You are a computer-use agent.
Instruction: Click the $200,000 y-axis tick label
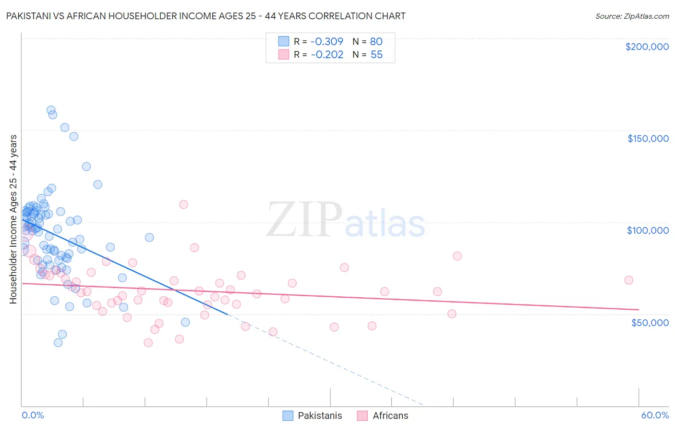(x=647, y=47)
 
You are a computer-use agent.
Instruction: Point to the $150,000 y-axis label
(x=648, y=139)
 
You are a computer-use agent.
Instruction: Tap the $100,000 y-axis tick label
(x=648, y=230)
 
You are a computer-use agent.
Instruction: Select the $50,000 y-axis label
(x=650, y=322)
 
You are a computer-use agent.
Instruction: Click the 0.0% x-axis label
(x=33, y=415)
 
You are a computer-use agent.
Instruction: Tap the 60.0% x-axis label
(x=655, y=415)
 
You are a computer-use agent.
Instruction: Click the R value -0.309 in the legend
(x=327, y=41)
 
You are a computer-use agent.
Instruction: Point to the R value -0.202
(x=327, y=55)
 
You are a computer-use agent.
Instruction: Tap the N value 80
(x=376, y=41)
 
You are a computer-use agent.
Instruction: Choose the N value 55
(x=376, y=55)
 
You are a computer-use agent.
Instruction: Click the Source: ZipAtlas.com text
(x=632, y=16)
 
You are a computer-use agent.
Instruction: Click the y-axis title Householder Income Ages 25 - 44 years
(x=13, y=219)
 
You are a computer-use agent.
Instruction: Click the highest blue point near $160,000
(x=51, y=110)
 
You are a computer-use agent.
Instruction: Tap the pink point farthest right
(x=628, y=280)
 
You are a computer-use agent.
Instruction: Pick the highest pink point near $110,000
(x=183, y=204)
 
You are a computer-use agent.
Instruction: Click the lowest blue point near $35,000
(x=58, y=342)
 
